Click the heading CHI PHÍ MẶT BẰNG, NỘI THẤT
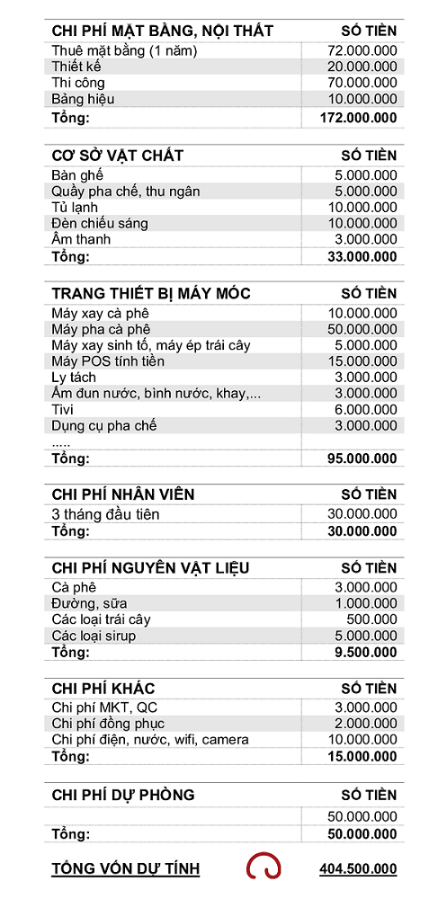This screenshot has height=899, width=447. [162, 31]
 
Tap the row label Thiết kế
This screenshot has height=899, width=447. [77, 67]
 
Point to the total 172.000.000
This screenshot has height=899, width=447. [358, 118]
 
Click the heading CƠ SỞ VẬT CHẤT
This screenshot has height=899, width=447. [118, 156]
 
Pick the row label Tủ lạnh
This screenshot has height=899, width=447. [75, 207]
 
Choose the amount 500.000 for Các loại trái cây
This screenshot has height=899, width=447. [375, 619]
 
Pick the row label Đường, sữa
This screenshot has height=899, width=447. [89, 603]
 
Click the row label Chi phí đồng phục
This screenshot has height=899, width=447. [108, 724]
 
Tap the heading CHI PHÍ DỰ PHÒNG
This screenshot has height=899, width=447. [123, 796]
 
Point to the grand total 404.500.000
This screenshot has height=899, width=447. [358, 869]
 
